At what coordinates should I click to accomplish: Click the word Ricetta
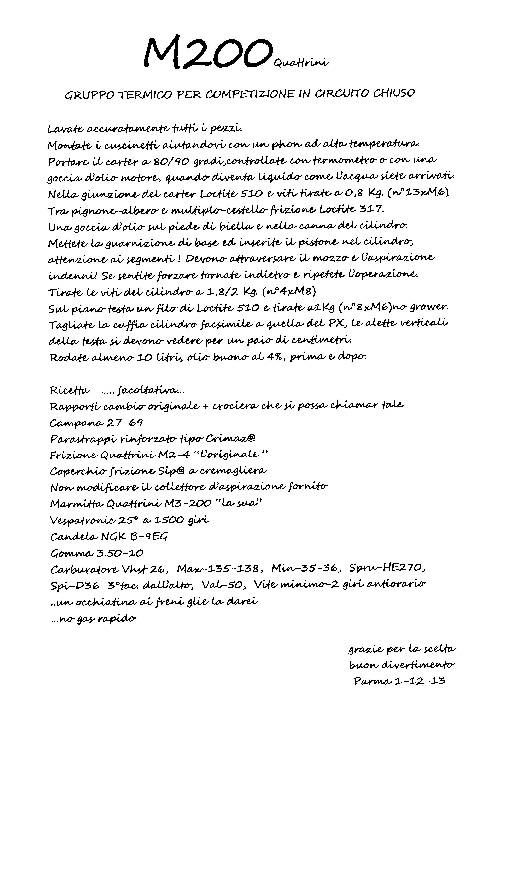point(70,390)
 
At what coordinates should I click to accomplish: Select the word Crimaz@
point(230,439)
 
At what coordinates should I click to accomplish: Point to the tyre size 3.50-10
point(120,553)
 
